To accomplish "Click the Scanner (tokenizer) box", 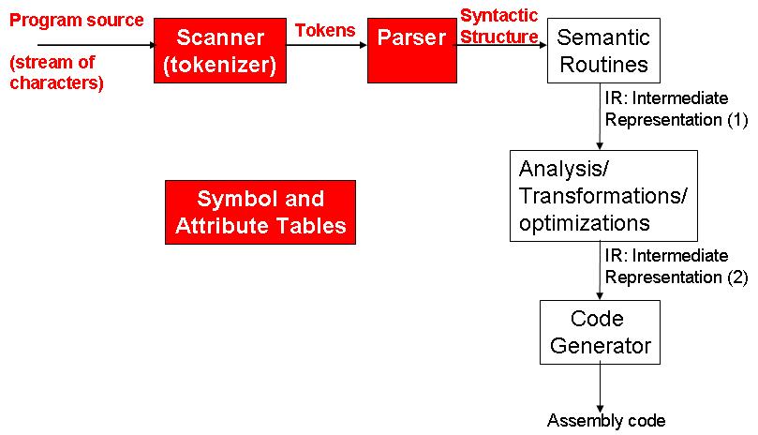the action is tap(220, 51).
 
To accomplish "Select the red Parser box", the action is tap(412, 51).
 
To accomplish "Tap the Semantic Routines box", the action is tap(603, 51).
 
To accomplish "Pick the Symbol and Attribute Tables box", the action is tap(260, 213).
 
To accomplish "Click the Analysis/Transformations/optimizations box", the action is tap(603, 196).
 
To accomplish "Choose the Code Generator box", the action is tap(600, 333).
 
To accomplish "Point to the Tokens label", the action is tap(325, 31).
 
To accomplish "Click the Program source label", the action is tap(77, 21).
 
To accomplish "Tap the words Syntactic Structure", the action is tap(499, 26).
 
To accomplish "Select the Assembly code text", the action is tap(606, 421).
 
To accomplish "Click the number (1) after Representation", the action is tap(737, 119).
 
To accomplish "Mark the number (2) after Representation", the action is tap(737, 277).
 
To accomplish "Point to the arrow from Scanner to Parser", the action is tap(327, 46).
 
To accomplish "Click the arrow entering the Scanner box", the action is tap(97, 46).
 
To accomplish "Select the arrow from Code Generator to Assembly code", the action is tap(600, 388).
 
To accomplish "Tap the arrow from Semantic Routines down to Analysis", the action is tap(600, 116).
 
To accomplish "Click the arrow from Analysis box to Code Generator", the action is tap(600, 271).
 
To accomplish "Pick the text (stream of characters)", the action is tap(57, 72).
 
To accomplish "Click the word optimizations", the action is tap(585, 223).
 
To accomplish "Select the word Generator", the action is tap(601, 346).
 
